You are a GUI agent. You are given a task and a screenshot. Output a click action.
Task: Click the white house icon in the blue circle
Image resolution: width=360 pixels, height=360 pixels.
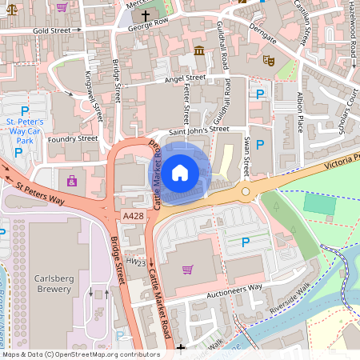pos(180,171)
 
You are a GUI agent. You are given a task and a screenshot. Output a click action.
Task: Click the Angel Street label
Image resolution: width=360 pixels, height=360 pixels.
pos(185,78)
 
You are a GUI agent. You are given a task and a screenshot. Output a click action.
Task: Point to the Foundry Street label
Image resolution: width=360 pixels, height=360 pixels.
pos(72,138)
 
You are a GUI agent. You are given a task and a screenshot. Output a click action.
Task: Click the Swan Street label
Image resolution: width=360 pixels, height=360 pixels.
pos(246,157)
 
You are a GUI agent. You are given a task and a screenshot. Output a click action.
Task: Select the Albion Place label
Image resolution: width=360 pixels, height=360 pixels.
pos(301,112)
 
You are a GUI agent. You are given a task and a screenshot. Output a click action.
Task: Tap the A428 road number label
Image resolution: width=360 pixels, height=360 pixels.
pos(134,216)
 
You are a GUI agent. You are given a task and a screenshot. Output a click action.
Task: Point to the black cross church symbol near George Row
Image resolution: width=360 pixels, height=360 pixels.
pos(146,14)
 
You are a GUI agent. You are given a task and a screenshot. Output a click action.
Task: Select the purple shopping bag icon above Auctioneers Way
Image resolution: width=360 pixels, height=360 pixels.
pos(187,269)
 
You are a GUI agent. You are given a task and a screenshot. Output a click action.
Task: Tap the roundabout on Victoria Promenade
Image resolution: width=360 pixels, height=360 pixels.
pos(242,190)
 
